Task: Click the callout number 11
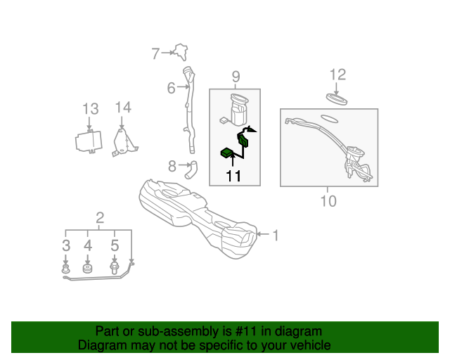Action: coord(233,176)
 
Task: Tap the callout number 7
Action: coord(155,53)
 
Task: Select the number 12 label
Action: coord(337,75)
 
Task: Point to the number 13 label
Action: coord(91,109)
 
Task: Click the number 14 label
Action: coord(123,108)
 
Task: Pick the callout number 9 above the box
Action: coord(236,77)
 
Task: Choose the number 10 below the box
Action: coord(328,201)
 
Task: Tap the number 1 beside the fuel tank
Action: coord(276,236)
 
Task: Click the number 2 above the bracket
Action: coord(100,218)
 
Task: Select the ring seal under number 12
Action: coord(337,99)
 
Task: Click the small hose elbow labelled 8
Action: coord(191,169)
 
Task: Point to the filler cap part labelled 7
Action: coord(181,52)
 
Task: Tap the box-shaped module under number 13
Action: coord(89,141)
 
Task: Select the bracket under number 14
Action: coord(124,143)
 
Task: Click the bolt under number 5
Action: coord(114,268)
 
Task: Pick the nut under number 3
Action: coord(66,269)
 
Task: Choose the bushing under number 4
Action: coord(87,269)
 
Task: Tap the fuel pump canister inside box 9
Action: coord(239,110)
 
